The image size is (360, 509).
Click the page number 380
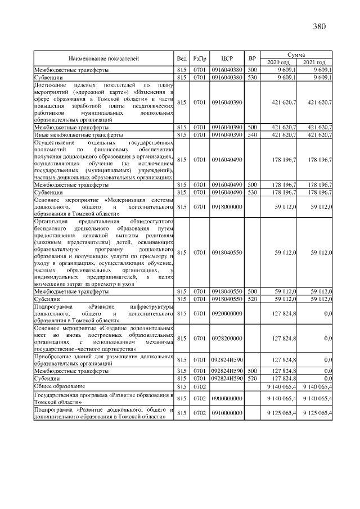click(318, 26)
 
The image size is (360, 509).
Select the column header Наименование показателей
click(103, 58)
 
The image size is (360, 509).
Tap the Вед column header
click(181, 58)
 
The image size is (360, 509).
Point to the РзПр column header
click(199, 58)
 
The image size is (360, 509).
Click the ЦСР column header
click(227, 58)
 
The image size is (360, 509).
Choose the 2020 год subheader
click(278, 62)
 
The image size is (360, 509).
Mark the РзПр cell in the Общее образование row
click(199, 387)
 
